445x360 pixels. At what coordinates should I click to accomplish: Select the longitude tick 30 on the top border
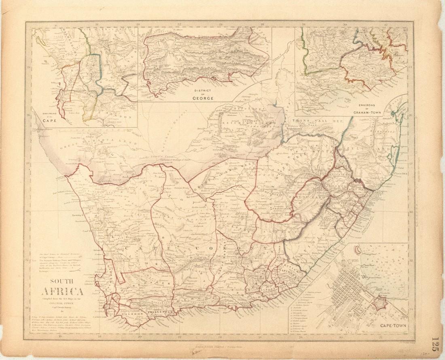(345, 25)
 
